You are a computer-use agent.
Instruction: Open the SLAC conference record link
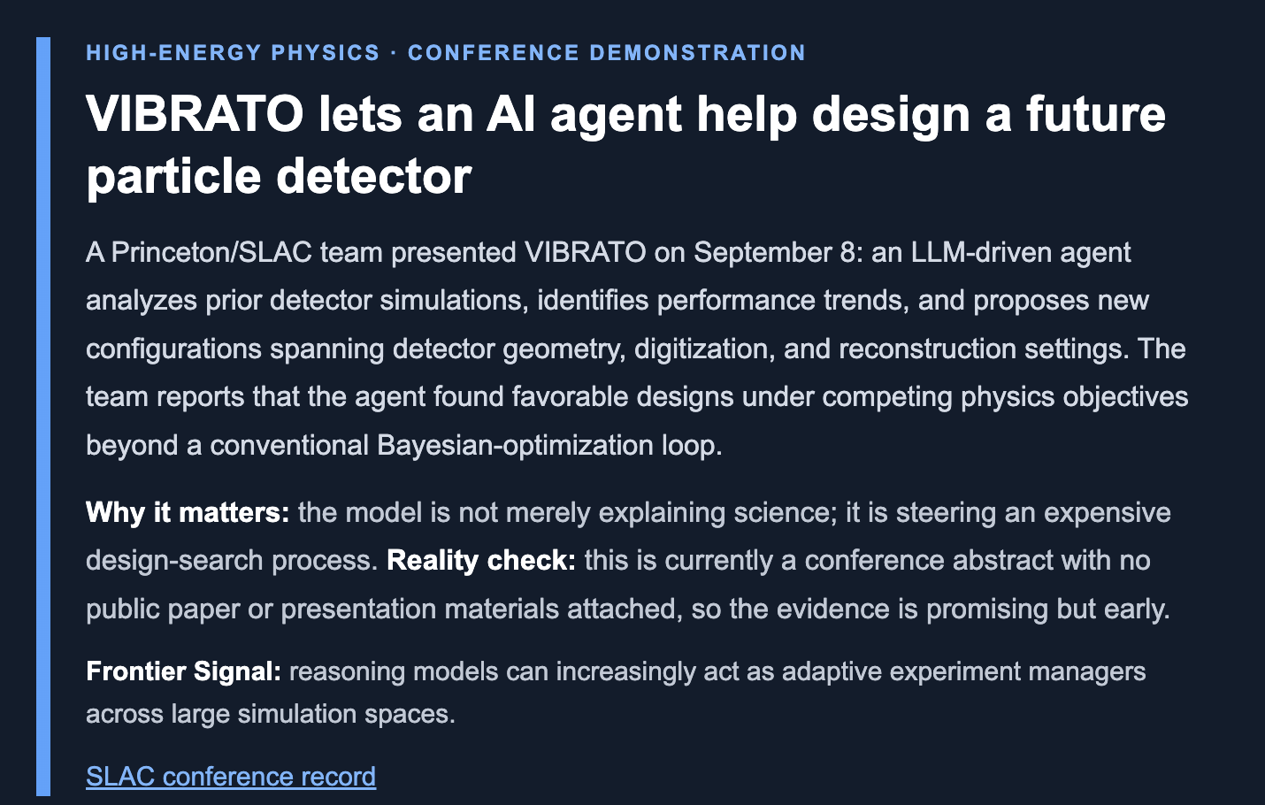pyautogui.click(x=231, y=776)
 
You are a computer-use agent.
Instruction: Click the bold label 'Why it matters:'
pyautogui.click(x=188, y=512)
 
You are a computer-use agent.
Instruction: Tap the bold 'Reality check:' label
pyautogui.click(x=481, y=560)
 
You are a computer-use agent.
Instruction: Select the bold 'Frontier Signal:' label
pyautogui.click(x=183, y=671)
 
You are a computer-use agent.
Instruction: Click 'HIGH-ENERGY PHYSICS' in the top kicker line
pyautogui.click(x=233, y=52)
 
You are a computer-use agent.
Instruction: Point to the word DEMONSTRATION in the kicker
pyautogui.click(x=697, y=52)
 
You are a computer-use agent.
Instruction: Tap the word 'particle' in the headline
pyautogui.click(x=173, y=176)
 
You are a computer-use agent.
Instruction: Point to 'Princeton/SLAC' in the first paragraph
pyautogui.click(x=211, y=252)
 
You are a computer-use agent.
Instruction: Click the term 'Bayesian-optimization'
pyautogui.click(x=515, y=445)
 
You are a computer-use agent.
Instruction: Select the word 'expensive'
pyautogui.click(x=1107, y=512)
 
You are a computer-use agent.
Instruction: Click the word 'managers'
pyautogui.click(x=1086, y=671)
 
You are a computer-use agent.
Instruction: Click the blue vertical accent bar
pyautogui.click(x=43, y=417)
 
